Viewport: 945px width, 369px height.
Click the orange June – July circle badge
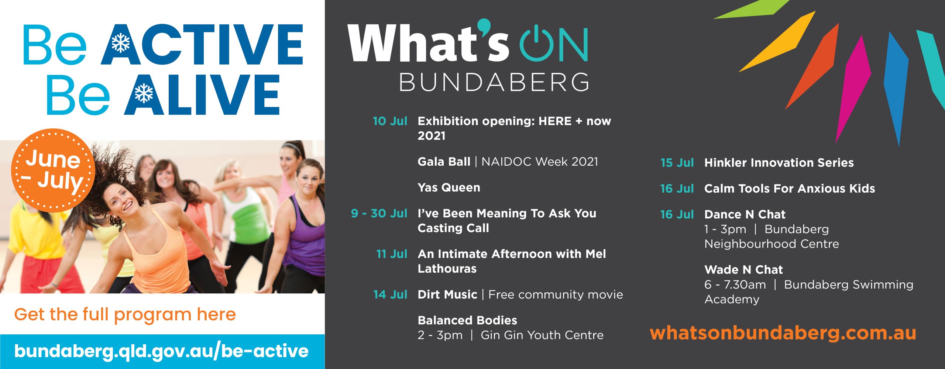[53, 170]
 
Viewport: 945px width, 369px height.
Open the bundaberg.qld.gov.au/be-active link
[161, 351]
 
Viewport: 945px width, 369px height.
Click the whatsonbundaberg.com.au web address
[783, 333]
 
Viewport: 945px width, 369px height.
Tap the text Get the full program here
[125, 314]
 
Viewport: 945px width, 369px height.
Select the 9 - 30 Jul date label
[379, 213]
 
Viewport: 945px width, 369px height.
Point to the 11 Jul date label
[392, 254]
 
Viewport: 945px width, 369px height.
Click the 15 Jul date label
[677, 163]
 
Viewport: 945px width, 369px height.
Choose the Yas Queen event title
[449, 187]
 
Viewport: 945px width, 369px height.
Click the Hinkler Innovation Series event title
[779, 163]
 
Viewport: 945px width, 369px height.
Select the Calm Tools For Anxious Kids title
[790, 189]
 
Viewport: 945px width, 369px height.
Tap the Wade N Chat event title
[743, 270]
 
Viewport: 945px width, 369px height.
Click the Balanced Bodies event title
[467, 320]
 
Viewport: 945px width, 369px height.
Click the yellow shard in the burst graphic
[777, 41]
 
